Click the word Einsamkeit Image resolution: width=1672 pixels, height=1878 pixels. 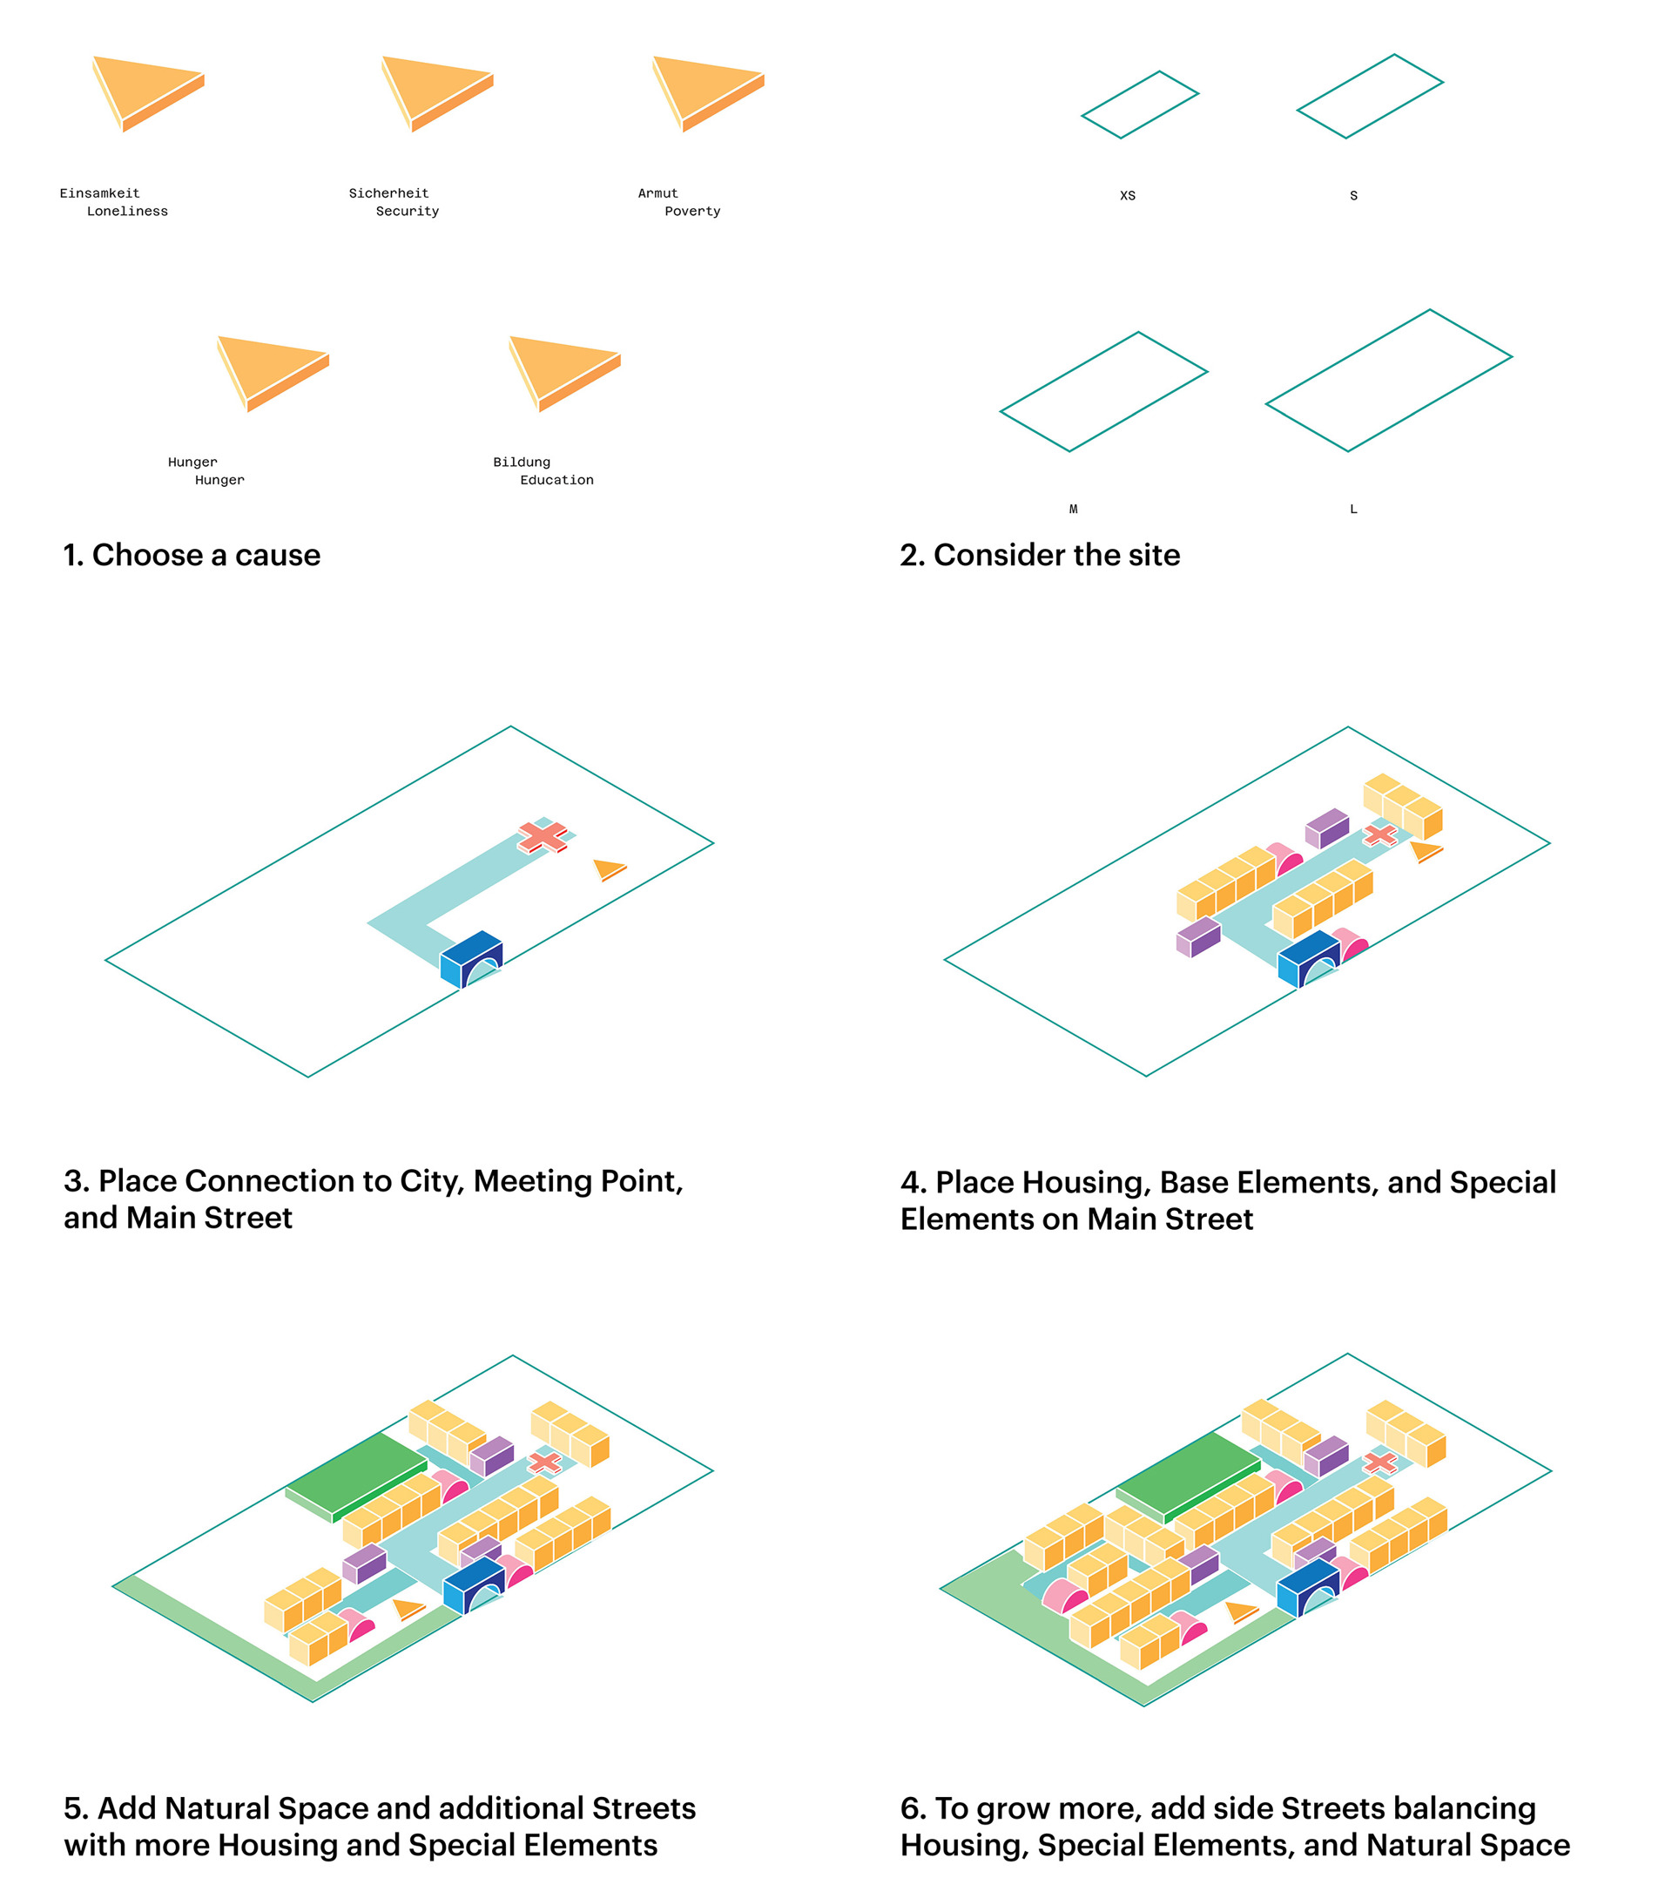point(99,194)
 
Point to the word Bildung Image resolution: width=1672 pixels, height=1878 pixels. point(521,463)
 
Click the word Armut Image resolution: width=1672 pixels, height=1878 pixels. point(657,194)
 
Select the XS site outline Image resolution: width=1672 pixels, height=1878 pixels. point(1140,105)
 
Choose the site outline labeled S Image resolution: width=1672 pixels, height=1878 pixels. point(1370,97)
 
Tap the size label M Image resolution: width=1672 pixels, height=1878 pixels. point(1073,509)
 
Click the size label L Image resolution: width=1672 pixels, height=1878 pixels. point(1353,509)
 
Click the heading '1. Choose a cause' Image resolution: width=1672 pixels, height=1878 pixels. point(191,555)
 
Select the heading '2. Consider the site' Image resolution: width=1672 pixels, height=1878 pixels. point(1040,555)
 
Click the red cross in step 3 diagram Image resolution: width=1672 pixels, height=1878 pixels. point(542,836)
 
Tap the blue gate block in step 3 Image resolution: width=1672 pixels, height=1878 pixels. point(471,958)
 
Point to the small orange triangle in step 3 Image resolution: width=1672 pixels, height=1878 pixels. point(608,868)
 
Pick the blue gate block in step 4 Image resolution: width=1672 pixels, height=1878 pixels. point(1308,958)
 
